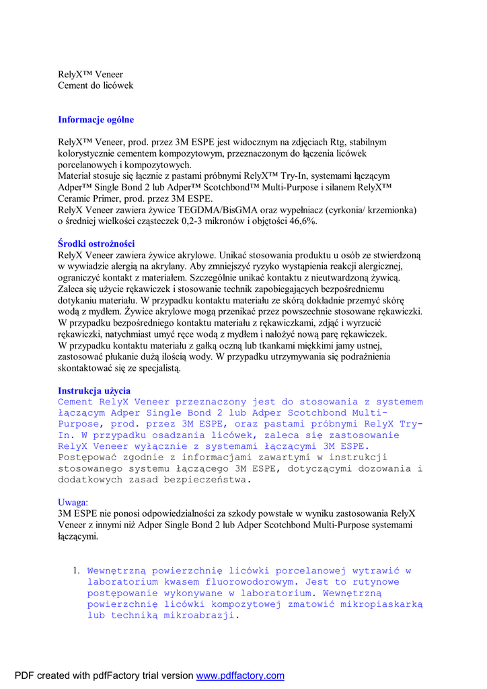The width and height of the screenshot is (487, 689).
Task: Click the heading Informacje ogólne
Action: click(x=96, y=120)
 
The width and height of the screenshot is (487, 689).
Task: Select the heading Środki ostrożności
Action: click(x=96, y=244)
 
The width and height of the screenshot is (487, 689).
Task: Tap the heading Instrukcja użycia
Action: click(x=94, y=391)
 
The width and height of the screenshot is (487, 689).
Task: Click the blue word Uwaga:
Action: click(x=73, y=502)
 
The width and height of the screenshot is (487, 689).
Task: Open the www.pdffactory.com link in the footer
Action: click(x=240, y=676)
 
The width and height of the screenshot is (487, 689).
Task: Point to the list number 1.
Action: click(x=76, y=571)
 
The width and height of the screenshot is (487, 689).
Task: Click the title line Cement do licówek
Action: click(x=96, y=85)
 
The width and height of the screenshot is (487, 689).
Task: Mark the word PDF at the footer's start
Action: click(x=24, y=676)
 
